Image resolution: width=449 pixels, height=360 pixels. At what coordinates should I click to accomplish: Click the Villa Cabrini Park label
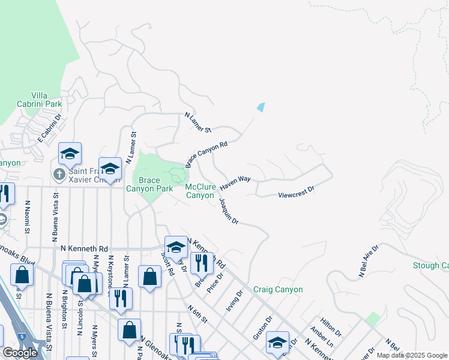tap(47, 99)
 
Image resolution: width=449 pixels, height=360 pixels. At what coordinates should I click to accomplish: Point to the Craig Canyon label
tap(277, 289)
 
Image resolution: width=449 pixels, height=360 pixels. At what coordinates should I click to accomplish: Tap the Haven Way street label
tap(235, 183)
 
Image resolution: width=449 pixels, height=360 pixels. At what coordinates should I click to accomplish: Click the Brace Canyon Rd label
tap(206, 154)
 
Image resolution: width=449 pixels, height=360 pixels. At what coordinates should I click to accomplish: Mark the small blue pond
tap(261, 107)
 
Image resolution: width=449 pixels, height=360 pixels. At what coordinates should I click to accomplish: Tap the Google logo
tap(20, 353)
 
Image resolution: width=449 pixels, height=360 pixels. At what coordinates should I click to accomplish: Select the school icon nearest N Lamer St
tap(110, 169)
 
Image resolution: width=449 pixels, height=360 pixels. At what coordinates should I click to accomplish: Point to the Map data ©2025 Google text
tap(412, 355)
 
